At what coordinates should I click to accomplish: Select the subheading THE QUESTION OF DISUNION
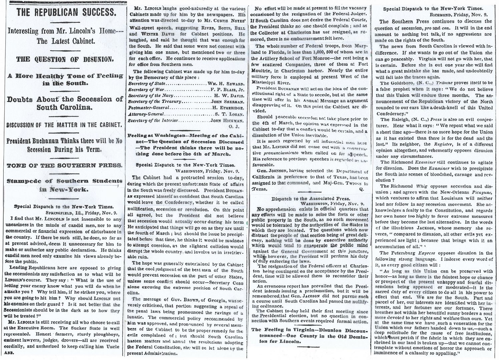[x=66, y=60]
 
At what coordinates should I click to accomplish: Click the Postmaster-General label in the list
[x=149, y=108]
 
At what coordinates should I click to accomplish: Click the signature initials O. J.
[x=239, y=126]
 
